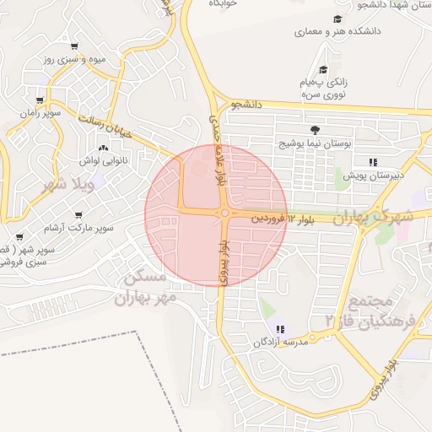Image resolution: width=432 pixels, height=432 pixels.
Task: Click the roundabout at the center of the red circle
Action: (224, 213)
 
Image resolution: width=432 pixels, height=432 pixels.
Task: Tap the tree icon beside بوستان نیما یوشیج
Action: (315, 130)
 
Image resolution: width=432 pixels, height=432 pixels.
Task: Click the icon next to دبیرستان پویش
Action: (372, 161)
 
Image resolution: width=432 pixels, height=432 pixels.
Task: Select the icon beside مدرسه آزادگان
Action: (279, 329)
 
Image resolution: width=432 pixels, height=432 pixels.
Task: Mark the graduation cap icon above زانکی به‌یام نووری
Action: (322, 69)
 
